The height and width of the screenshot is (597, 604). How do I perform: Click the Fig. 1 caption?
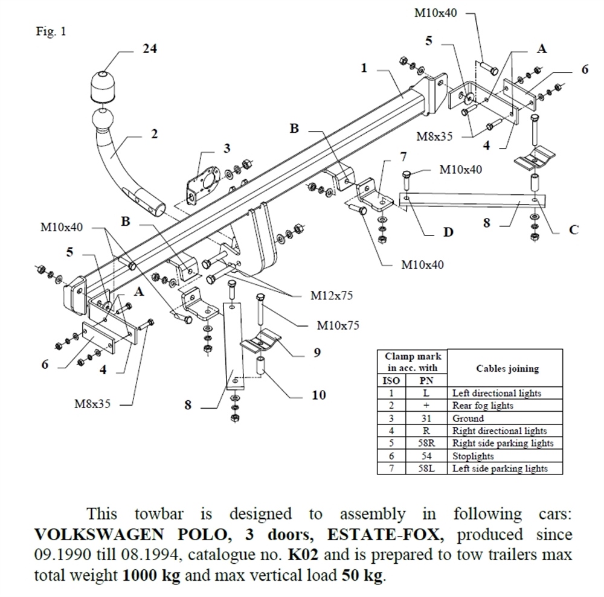point(51,32)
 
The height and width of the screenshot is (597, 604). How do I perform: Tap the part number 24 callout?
point(149,49)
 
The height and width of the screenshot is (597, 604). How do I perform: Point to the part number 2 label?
point(154,134)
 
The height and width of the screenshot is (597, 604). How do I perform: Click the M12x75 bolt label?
point(331,296)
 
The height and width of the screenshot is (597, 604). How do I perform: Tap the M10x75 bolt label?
point(338,325)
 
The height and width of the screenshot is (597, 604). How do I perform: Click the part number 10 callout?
point(318,395)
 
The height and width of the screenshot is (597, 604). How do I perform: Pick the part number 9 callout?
point(316,353)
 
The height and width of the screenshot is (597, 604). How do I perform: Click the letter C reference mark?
point(574,229)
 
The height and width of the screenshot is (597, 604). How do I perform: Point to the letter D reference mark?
point(448,232)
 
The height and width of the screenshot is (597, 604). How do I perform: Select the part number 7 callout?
point(403,158)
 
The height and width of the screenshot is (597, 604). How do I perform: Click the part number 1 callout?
point(364,68)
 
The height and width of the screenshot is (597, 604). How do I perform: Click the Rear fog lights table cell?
point(483,406)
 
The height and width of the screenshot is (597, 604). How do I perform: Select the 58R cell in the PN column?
point(425,443)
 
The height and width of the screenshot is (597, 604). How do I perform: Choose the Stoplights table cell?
point(473,456)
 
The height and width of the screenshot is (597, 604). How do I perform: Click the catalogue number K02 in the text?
point(301,553)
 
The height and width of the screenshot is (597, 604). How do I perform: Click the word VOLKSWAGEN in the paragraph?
point(84,535)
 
